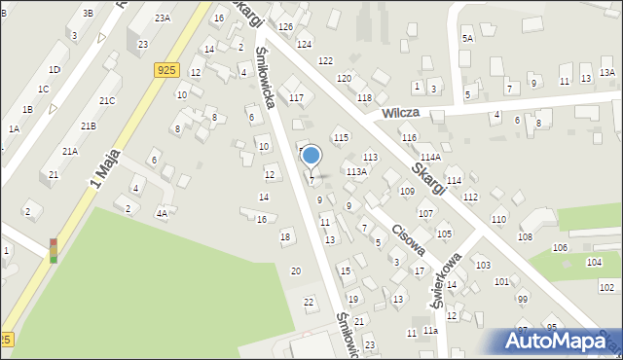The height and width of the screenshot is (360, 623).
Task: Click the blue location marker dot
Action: pos(311,155)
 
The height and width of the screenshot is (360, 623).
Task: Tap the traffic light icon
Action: pos(53,250)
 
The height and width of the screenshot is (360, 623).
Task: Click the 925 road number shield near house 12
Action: pos(165,70)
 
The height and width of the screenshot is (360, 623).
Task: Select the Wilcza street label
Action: pos(399,113)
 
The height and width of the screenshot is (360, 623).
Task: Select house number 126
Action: pos(285,26)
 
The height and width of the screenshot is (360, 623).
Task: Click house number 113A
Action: pos(356,172)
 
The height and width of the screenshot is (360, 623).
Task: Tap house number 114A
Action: pos(431,157)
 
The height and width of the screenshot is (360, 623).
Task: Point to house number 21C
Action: pos(106,101)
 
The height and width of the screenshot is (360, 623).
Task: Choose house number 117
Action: pos(296,97)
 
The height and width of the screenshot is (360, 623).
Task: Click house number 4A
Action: pos(162,213)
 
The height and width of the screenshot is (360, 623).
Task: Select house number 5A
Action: pos(467,38)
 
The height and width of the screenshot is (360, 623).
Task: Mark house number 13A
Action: pos(606,73)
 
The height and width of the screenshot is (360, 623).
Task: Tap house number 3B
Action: pos(88,13)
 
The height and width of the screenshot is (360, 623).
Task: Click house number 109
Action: pos(407,192)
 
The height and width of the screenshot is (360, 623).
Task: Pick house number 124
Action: pos(304,45)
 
